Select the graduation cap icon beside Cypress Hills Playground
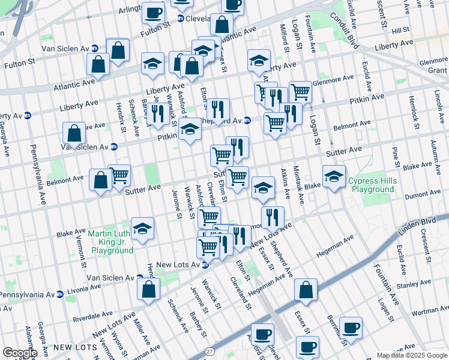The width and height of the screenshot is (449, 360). pos(334,176)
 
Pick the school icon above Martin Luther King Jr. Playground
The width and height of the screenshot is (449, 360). pos(142,228)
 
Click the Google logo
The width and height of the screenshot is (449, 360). pos(19,353)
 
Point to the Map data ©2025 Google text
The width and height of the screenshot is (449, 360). pos(411,355)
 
